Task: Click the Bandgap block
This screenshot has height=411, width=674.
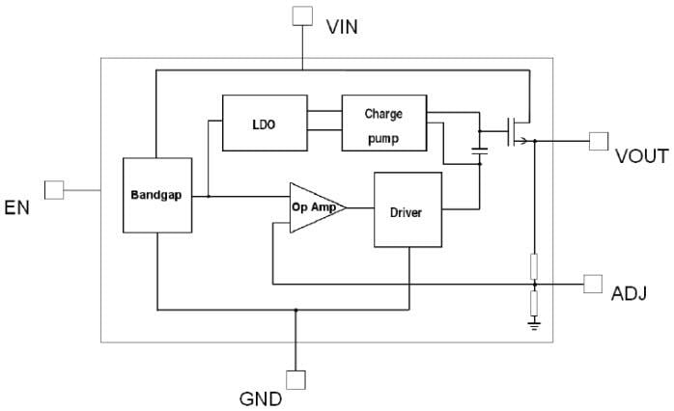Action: (157, 195)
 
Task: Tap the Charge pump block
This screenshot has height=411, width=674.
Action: (383, 123)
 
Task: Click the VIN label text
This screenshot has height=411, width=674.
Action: (342, 25)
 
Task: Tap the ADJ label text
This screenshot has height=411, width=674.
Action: (630, 292)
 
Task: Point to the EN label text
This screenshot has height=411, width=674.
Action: (18, 206)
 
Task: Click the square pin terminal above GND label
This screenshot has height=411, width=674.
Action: (295, 380)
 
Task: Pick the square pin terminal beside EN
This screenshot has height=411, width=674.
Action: (55, 190)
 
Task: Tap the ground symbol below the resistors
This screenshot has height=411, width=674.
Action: (534, 326)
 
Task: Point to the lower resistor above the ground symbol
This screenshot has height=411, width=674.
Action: (534, 304)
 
